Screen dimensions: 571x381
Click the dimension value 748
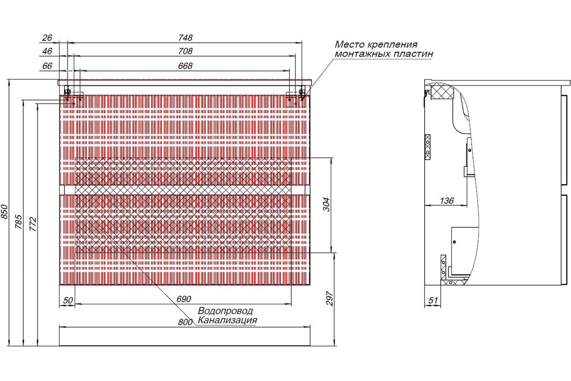(x=185, y=38)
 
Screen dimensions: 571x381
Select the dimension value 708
(x=185, y=51)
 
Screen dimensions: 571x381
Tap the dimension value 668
(x=185, y=66)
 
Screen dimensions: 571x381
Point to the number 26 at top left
(x=47, y=38)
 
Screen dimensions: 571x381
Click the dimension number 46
(x=47, y=51)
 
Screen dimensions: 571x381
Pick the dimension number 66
(x=47, y=66)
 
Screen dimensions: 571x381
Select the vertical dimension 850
(x=5, y=211)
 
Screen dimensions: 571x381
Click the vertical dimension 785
(x=19, y=221)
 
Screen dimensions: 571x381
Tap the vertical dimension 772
(x=33, y=224)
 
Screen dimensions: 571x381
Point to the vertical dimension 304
(x=326, y=204)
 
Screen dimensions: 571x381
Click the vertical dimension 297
(x=330, y=298)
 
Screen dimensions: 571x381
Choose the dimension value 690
(x=184, y=299)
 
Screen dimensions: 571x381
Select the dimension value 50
(x=68, y=301)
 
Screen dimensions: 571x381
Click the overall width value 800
(x=185, y=322)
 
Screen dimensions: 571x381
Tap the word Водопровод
(x=226, y=311)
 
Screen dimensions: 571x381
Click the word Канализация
(x=227, y=320)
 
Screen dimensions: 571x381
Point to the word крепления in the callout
(x=392, y=45)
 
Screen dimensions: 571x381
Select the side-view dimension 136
(x=447, y=201)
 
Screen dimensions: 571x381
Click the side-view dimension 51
(x=433, y=301)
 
